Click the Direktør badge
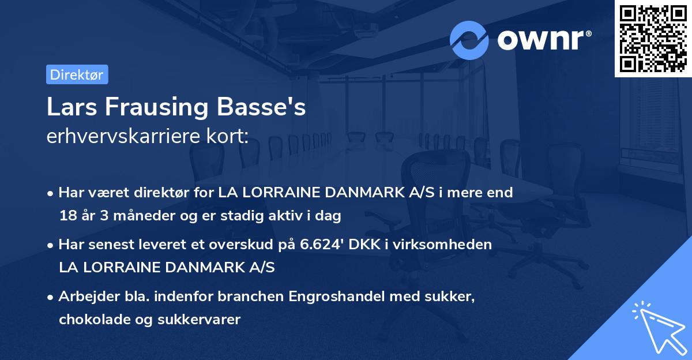pyautogui.click(x=77, y=74)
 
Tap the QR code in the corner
pyautogui.click(x=653, y=38)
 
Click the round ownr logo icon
pyautogui.click(x=469, y=40)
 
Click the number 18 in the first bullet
pyautogui.click(x=66, y=216)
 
